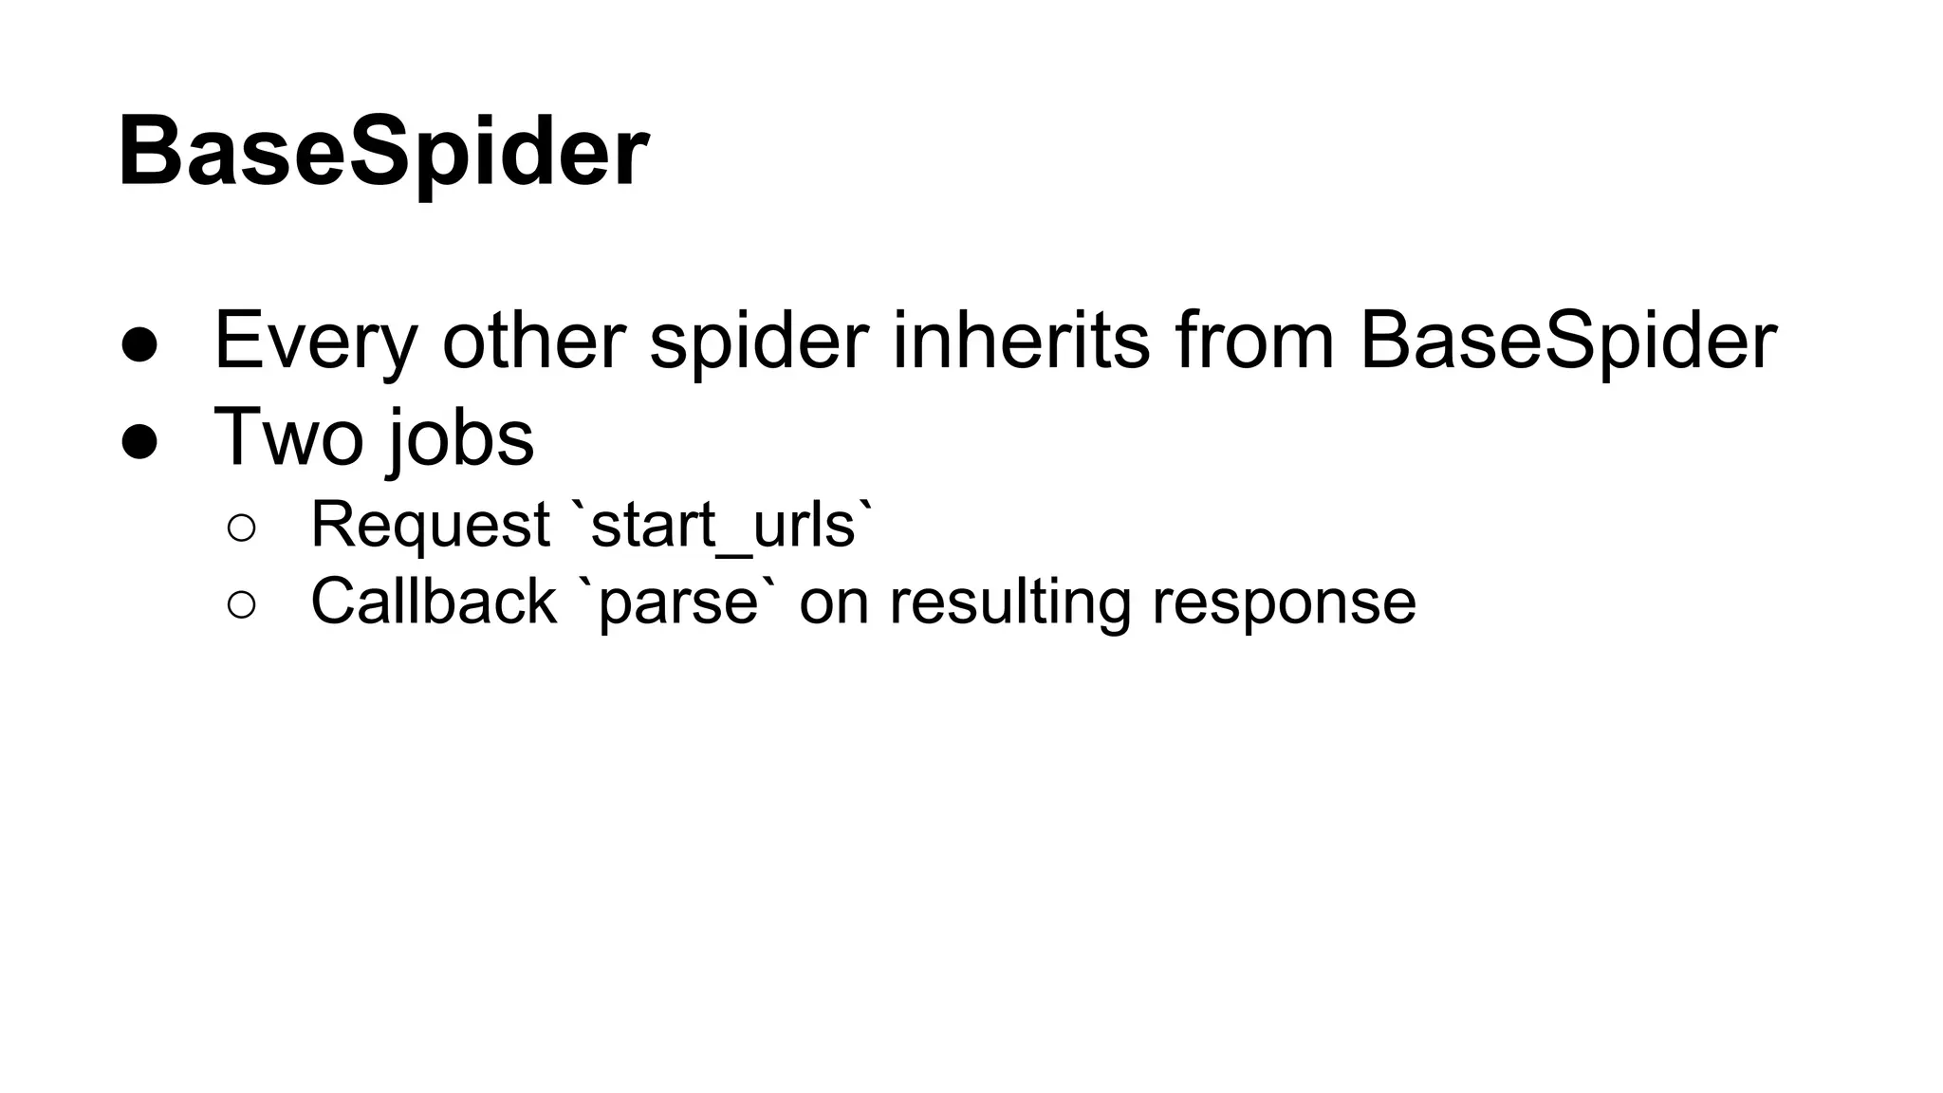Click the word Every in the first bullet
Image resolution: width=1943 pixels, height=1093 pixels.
pos(316,341)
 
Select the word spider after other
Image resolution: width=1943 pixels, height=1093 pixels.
pos(759,341)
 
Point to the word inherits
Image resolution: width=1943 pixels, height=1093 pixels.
pos(1021,341)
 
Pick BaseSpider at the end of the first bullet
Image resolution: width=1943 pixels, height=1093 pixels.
pos(1567,341)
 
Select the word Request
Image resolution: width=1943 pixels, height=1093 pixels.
pos(430,525)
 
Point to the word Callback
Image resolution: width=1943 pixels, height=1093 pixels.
pos(433,602)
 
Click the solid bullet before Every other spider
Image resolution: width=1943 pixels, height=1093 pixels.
pos(139,345)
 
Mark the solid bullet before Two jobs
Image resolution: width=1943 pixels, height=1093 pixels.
pos(139,442)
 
